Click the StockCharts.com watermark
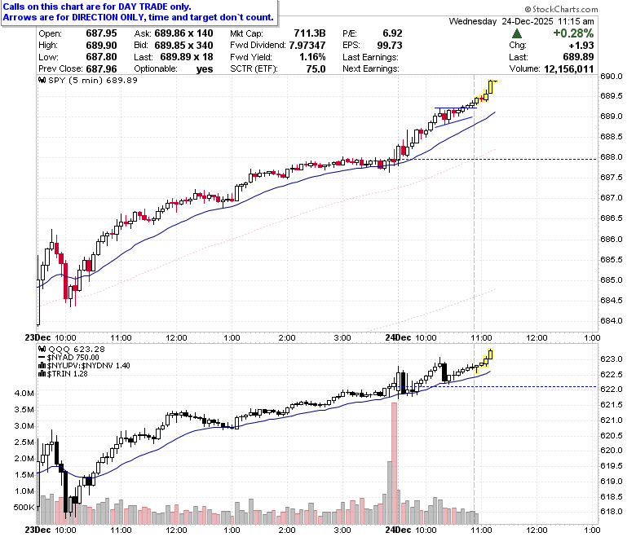point(561,9)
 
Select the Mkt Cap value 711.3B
point(310,33)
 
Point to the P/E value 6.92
point(392,33)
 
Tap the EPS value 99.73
point(390,45)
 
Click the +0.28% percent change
point(573,33)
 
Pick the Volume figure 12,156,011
point(568,69)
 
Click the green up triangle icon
point(517,33)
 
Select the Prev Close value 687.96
point(101,69)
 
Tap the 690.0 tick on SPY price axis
point(612,77)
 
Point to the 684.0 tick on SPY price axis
point(612,320)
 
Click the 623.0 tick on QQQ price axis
point(612,359)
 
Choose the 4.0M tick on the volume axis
point(24,393)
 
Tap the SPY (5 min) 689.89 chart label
point(88,80)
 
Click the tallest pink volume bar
point(395,463)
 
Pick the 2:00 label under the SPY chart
point(287,338)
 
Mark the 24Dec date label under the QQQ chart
point(398,530)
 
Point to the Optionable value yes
point(205,69)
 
